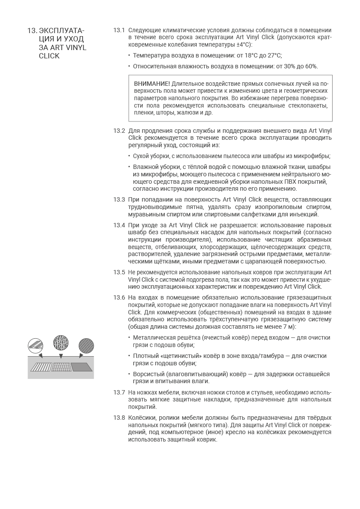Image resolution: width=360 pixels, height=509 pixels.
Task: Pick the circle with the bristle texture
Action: tap(61, 343)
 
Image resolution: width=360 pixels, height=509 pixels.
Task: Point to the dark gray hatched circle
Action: tap(86, 346)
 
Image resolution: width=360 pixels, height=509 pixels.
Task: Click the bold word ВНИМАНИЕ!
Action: tap(152, 83)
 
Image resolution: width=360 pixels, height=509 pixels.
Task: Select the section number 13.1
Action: tap(119, 30)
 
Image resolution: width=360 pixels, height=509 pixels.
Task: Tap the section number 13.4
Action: tap(119, 225)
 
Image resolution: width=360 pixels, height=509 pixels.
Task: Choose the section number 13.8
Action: tap(119, 418)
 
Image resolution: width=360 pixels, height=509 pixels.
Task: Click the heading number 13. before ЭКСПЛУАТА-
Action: tap(32, 31)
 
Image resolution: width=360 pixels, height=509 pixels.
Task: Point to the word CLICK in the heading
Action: tap(49, 56)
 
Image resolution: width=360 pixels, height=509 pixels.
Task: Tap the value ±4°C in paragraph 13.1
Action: tap(244, 44)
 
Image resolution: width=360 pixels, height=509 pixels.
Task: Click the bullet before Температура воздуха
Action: tap(129, 55)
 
